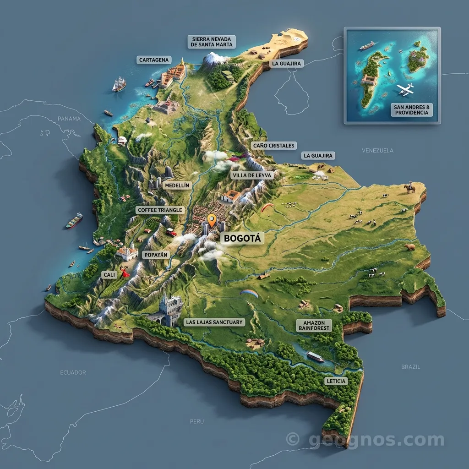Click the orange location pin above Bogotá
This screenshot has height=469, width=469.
point(211,220)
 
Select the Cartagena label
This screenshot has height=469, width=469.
point(154,60)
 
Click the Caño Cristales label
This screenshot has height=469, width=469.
point(274,146)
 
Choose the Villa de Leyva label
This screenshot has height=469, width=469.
point(252,175)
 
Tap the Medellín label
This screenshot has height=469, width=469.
point(176,185)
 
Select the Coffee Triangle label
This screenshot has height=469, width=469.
point(160,210)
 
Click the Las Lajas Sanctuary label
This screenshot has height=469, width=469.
point(214,322)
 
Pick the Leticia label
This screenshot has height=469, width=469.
point(336,381)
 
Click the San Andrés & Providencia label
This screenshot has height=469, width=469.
point(411,109)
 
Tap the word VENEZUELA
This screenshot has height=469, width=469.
point(377,150)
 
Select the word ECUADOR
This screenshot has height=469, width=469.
point(73,372)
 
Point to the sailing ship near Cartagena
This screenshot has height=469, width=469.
point(119,84)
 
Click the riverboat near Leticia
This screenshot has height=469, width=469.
point(315,356)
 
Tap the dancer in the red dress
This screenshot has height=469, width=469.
point(124,273)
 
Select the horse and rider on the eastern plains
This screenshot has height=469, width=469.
point(409,188)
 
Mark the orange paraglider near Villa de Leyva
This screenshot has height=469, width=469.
point(267,207)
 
